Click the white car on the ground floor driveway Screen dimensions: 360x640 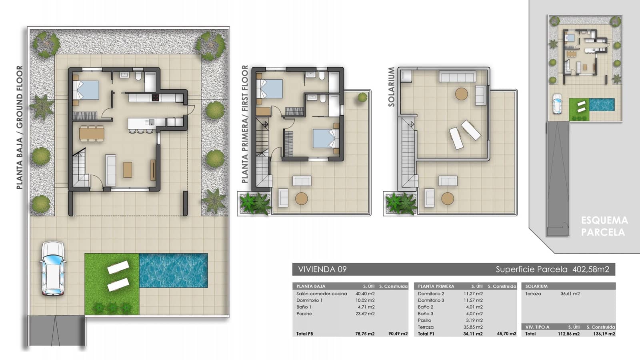(52, 268)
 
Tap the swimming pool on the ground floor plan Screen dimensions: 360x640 (173, 270)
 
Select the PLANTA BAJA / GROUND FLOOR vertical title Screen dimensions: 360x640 (20, 127)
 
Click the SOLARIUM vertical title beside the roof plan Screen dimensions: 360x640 (391, 87)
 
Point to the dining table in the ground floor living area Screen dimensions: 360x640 (92, 133)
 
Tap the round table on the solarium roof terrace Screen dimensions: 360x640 (461, 94)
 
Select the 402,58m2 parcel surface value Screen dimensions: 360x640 (591, 269)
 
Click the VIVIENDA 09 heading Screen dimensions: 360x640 (322, 269)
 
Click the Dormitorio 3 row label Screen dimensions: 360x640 (431, 300)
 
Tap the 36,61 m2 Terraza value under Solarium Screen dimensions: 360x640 (570, 294)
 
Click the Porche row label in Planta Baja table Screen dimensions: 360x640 (304, 314)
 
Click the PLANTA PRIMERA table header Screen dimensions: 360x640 (436, 286)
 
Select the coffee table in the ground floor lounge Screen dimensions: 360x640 (128, 169)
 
